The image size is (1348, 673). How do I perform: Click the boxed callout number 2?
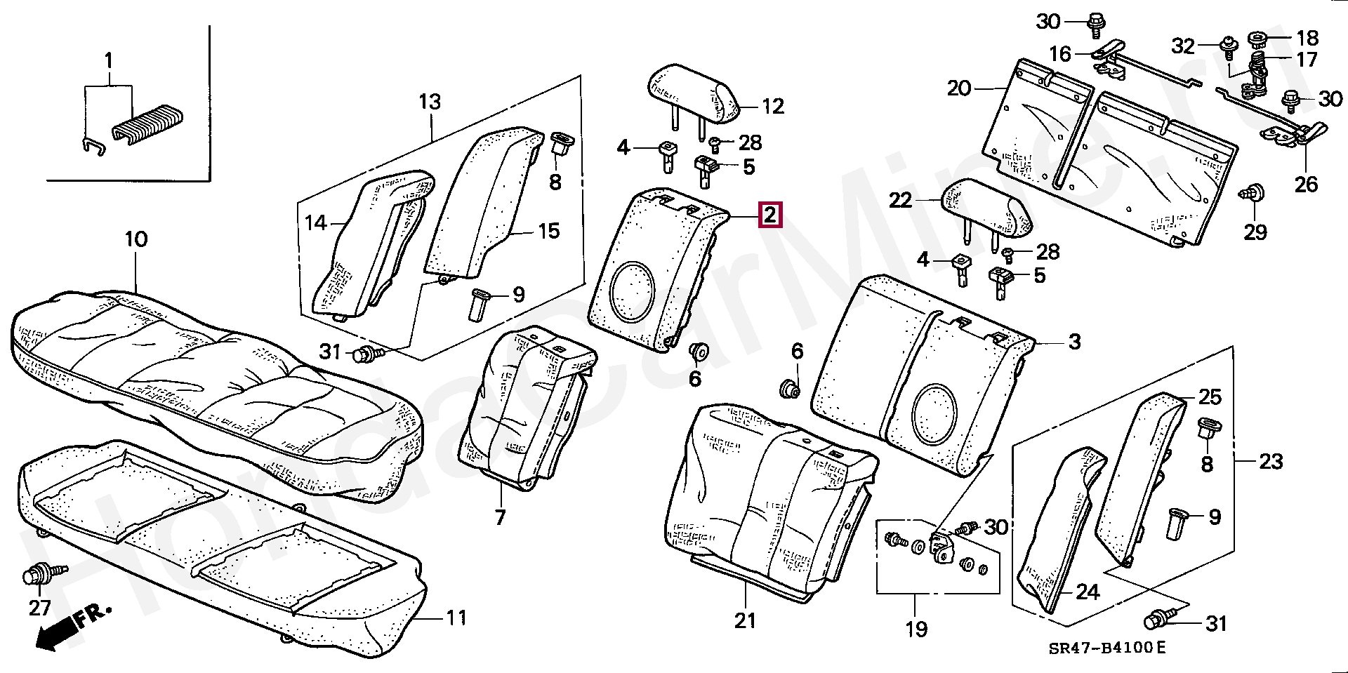(770, 215)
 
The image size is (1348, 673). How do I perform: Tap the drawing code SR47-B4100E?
(1107, 648)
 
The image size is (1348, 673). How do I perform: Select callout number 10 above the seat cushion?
(136, 239)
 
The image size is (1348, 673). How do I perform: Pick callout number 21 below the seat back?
(745, 620)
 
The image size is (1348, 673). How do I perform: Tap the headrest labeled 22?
(987, 208)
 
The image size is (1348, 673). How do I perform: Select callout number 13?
(430, 102)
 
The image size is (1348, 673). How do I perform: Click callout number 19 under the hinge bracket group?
(916, 629)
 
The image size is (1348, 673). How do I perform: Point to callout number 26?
(1306, 185)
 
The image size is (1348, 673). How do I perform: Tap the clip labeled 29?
(1252, 193)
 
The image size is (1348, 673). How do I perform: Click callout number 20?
(959, 88)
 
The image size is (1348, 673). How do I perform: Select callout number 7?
(500, 518)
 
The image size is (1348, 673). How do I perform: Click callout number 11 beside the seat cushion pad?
(456, 618)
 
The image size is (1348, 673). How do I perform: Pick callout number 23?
(1271, 462)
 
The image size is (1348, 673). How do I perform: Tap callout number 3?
(1074, 342)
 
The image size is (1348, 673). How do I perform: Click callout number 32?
(1184, 46)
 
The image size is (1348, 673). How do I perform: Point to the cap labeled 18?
(1257, 38)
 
